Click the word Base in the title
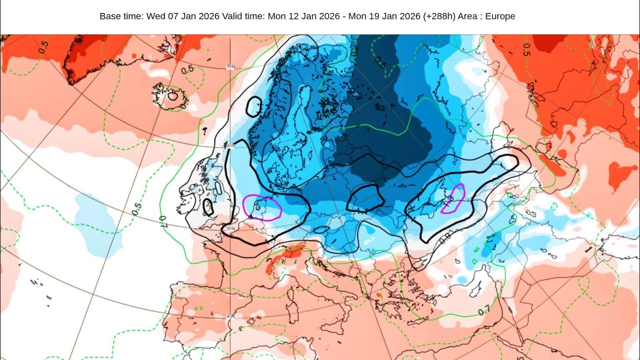[x=109, y=16]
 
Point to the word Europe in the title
[x=499, y=16]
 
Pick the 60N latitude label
[x=229, y=146]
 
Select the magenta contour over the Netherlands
[x=261, y=207]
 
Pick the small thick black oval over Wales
[x=208, y=206]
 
